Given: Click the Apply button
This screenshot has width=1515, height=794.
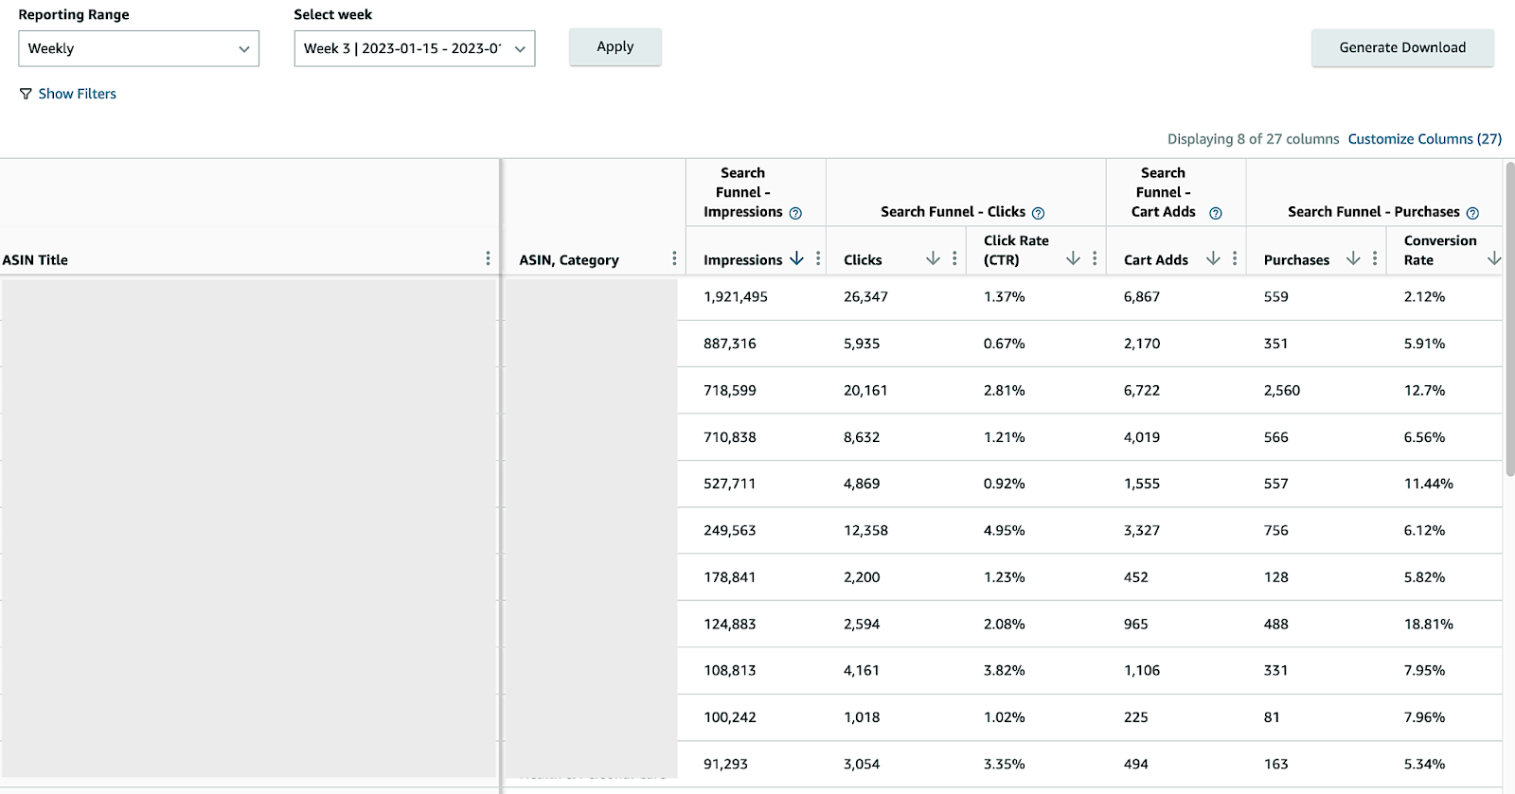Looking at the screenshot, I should pos(615,47).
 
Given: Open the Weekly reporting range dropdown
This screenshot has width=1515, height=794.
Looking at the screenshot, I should pos(138,48).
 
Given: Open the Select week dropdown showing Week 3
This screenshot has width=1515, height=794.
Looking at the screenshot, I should pos(414,48).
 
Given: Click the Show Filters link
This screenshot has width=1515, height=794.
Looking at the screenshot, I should pos(77,94).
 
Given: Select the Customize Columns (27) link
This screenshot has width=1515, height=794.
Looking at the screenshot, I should pos(1424,139).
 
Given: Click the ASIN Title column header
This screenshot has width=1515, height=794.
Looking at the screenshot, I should pos(35,260).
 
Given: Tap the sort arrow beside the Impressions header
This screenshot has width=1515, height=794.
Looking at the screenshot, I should pos(796,258).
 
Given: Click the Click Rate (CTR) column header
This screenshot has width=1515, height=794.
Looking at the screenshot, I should pos(1015,250).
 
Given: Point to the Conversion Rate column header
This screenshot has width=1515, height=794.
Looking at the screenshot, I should pos(1439,250).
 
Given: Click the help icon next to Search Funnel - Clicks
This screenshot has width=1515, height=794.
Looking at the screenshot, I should pos(1038,213).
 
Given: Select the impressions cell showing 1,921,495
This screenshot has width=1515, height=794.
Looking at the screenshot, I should pos(735,297).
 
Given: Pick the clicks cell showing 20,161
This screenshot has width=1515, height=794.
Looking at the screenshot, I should pos(865,390).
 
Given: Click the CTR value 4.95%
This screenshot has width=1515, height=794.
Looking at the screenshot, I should pos(1004,531).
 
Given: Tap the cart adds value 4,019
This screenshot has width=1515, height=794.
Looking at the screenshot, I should pos(1141,437).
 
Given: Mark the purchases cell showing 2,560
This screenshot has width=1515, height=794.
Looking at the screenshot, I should pos(1281,390).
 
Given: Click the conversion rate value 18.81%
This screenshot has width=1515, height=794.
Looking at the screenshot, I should pos(1428,625).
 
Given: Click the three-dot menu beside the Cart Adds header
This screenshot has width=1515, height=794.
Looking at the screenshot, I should pos(1235,258).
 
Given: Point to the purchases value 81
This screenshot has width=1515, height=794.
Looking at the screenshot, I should pos(1272,717).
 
